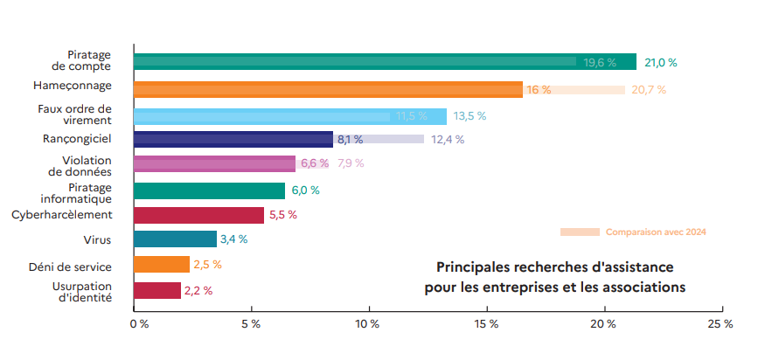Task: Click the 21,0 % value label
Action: (x=661, y=62)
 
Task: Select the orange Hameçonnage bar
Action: (x=328, y=89)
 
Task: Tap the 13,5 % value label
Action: (x=469, y=116)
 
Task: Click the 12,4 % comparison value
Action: (x=448, y=140)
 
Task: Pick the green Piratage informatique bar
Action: (x=209, y=190)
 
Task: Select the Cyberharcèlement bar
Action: (x=198, y=215)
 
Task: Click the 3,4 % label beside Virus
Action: (x=233, y=239)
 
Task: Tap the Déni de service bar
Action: (x=162, y=264)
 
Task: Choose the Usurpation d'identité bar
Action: (x=157, y=290)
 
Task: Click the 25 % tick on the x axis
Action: (x=720, y=324)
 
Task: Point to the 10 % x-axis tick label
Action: (x=368, y=324)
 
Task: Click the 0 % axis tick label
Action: (x=138, y=324)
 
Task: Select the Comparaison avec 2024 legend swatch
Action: (x=580, y=232)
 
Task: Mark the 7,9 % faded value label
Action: (x=351, y=163)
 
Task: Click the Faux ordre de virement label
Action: (x=75, y=115)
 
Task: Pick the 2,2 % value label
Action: (x=198, y=290)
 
